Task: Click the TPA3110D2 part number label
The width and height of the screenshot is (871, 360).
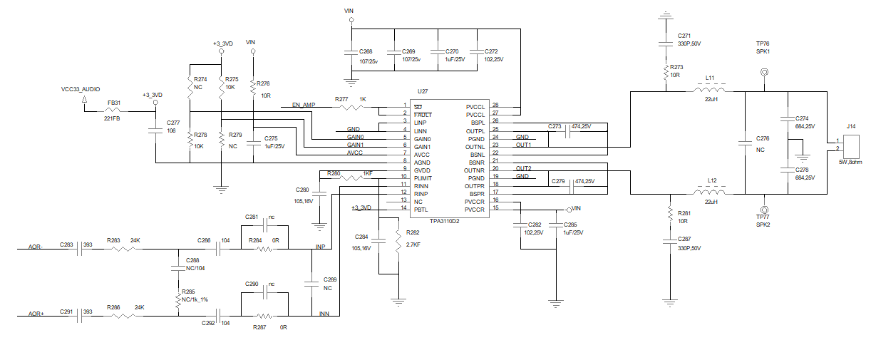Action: point(444,221)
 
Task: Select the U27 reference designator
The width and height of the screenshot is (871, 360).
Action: point(422,92)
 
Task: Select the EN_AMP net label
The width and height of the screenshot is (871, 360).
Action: point(303,106)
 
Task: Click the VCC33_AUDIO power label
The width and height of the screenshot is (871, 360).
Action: point(81,90)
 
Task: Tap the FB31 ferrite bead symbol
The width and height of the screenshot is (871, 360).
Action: point(113,110)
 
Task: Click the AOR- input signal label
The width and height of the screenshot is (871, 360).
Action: point(36,247)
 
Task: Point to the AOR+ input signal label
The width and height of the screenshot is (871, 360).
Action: point(36,314)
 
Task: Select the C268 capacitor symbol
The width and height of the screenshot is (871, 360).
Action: point(349,53)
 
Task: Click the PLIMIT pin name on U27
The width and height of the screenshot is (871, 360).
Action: point(422,178)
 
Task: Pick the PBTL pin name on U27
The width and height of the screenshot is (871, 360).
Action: point(420,209)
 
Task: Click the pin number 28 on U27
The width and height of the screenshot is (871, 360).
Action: point(495,106)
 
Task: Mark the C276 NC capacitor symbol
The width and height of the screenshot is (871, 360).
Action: point(744,143)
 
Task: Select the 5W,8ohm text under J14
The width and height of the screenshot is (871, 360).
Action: point(850,163)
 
